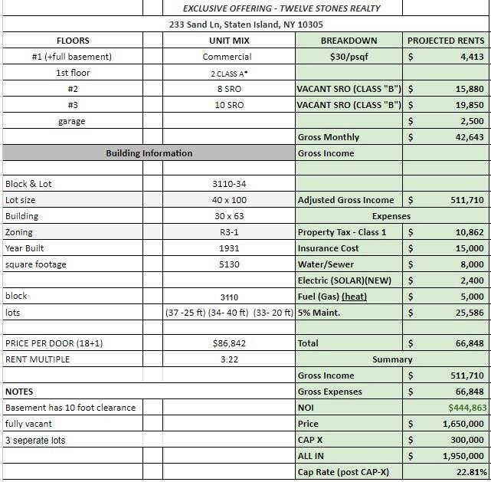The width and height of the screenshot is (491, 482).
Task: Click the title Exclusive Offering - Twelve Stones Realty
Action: [x=282, y=8]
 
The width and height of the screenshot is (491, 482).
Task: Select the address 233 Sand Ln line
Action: [x=246, y=25]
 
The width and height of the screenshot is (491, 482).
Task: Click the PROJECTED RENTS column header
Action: [x=446, y=41]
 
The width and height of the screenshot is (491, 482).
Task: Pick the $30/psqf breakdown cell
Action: [x=349, y=57]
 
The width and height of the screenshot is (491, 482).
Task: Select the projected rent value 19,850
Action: [x=468, y=105]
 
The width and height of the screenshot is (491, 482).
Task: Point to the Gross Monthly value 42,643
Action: [x=468, y=137]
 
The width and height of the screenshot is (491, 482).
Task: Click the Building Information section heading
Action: [x=149, y=153]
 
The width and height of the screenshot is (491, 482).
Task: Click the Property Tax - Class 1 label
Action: [x=342, y=232]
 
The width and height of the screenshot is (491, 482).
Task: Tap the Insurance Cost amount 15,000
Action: [x=468, y=248]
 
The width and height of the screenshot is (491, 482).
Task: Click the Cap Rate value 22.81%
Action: [x=469, y=472]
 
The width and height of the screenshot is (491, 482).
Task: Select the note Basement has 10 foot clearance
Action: [x=70, y=408]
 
